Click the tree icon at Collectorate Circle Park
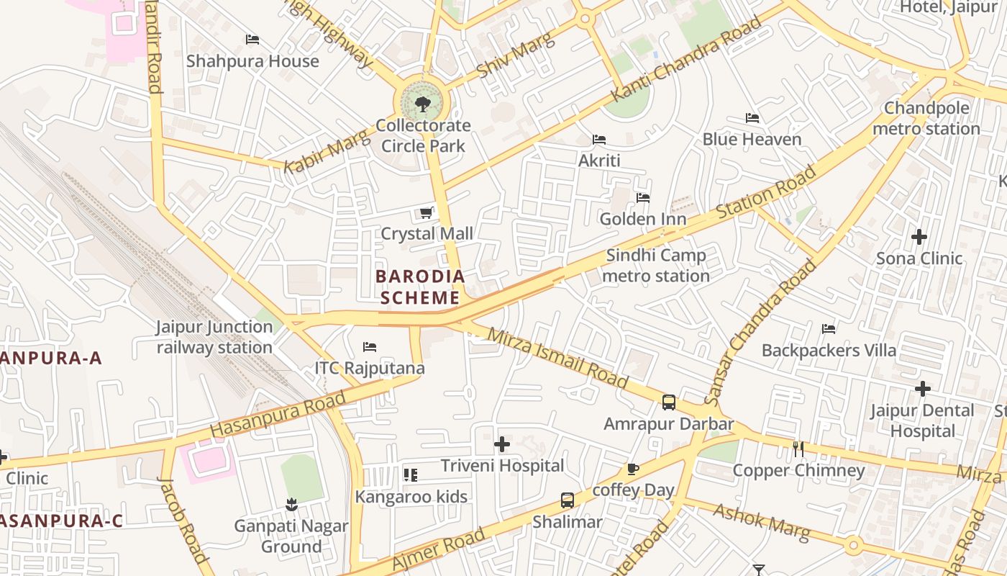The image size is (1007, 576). pyautogui.click(x=423, y=104)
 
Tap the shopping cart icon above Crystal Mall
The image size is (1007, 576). pyautogui.click(x=426, y=213)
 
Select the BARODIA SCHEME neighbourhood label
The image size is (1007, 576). pyautogui.click(x=420, y=287)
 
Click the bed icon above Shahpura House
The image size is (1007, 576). pyautogui.click(x=252, y=40)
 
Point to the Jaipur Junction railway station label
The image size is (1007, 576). pyautogui.click(x=214, y=337)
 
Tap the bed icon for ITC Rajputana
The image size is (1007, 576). pyautogui.click(x=370, y=347)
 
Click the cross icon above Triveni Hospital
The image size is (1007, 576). pyautogui.click(x=502, y=444)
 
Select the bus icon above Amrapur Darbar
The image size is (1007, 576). pyautogui.click(x=669, y=402)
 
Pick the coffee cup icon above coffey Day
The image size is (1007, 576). pyautogui.click(x=633, y=469)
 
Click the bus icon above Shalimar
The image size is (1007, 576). pyautogui.click(x=568, y=500)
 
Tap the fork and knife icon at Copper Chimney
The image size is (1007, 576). pyautogui.click(x=798, y=449)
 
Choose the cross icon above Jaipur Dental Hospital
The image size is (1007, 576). pyautogui.click(x=922, y=389)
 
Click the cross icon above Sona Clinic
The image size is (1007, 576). pyautogui.click(x=919, y=236)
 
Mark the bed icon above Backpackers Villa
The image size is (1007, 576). pyautogui.click(x=829, y=329)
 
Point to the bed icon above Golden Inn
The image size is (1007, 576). pyautogui.click(x=642, y=197)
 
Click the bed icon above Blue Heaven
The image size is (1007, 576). pyautogui.click(x=752, y=118)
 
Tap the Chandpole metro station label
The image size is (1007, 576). pyautogui.click(x=926, y=119)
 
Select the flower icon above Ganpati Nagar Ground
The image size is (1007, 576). pyautogui.click(x=291, y=505)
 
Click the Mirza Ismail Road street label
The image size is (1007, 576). pyautogui.click(x=557, y=358)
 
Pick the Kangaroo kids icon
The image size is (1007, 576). pyautogui.click(x=411, y=474)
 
